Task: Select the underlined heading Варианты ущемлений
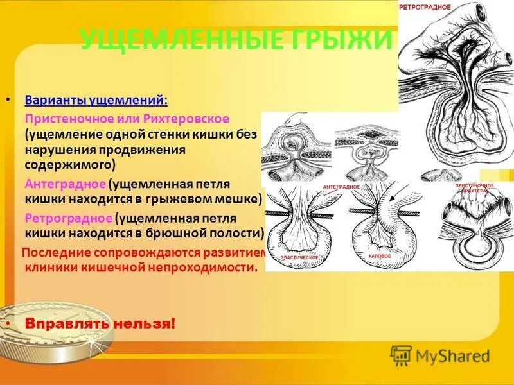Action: (96, 101)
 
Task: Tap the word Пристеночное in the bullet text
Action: (69, 119)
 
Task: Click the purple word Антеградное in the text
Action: (65, 184)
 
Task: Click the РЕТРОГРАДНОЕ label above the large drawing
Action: (425, 7)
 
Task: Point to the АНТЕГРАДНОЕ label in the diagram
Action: (341, 187)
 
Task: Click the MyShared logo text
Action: (452, 355)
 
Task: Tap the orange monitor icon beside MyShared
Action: (401, 355)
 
